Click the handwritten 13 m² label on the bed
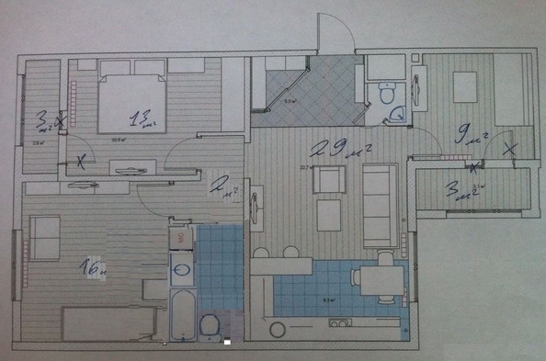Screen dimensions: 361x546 pyautogui.click(x=140, y=118)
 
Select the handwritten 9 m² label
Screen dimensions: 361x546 pyautogui.click(x=472, y=138)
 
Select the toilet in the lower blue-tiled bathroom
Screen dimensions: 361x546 pyautogui.click(x=210, y=326)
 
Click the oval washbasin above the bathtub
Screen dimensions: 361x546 pyautogui.click(x=182, y=270)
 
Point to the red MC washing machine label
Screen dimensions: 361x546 pyautogui.click(x=182, y=236)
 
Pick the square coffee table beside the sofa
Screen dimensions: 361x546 pyautogui.click(x=329, y=215)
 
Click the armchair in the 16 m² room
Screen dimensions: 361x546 pyautogui.click(x=44, y=237)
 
